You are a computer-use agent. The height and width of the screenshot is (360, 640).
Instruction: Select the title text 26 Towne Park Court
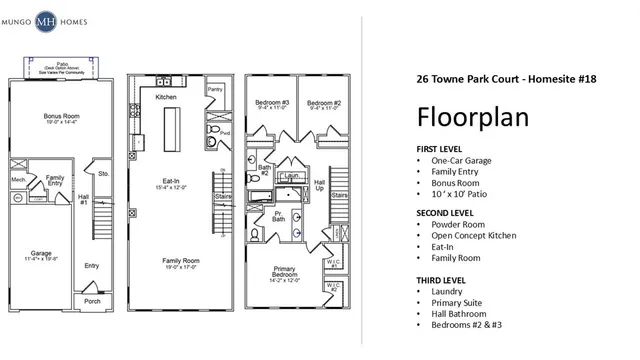(x=464, y=78)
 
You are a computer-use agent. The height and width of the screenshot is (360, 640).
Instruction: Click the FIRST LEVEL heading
(x=441, y=149)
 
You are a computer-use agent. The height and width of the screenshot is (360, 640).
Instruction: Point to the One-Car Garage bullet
(x=466, y=161)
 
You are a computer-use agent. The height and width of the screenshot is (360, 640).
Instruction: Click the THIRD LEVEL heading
(x=442, y=279)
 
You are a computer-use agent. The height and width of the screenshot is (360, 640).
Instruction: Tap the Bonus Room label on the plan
(x=62, y=117)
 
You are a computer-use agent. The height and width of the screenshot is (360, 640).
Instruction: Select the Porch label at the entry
(x=92, y=301)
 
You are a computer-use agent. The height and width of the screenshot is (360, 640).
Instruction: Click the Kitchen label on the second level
(x=166, y=97)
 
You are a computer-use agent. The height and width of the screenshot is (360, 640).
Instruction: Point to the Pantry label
(x=214, y=89)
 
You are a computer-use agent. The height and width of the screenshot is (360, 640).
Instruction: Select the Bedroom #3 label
(x=271, y=102)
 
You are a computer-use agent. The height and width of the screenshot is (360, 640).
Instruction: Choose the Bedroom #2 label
(x=321, y=102)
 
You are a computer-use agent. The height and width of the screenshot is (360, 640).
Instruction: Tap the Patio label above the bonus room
(x=60, y=60)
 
